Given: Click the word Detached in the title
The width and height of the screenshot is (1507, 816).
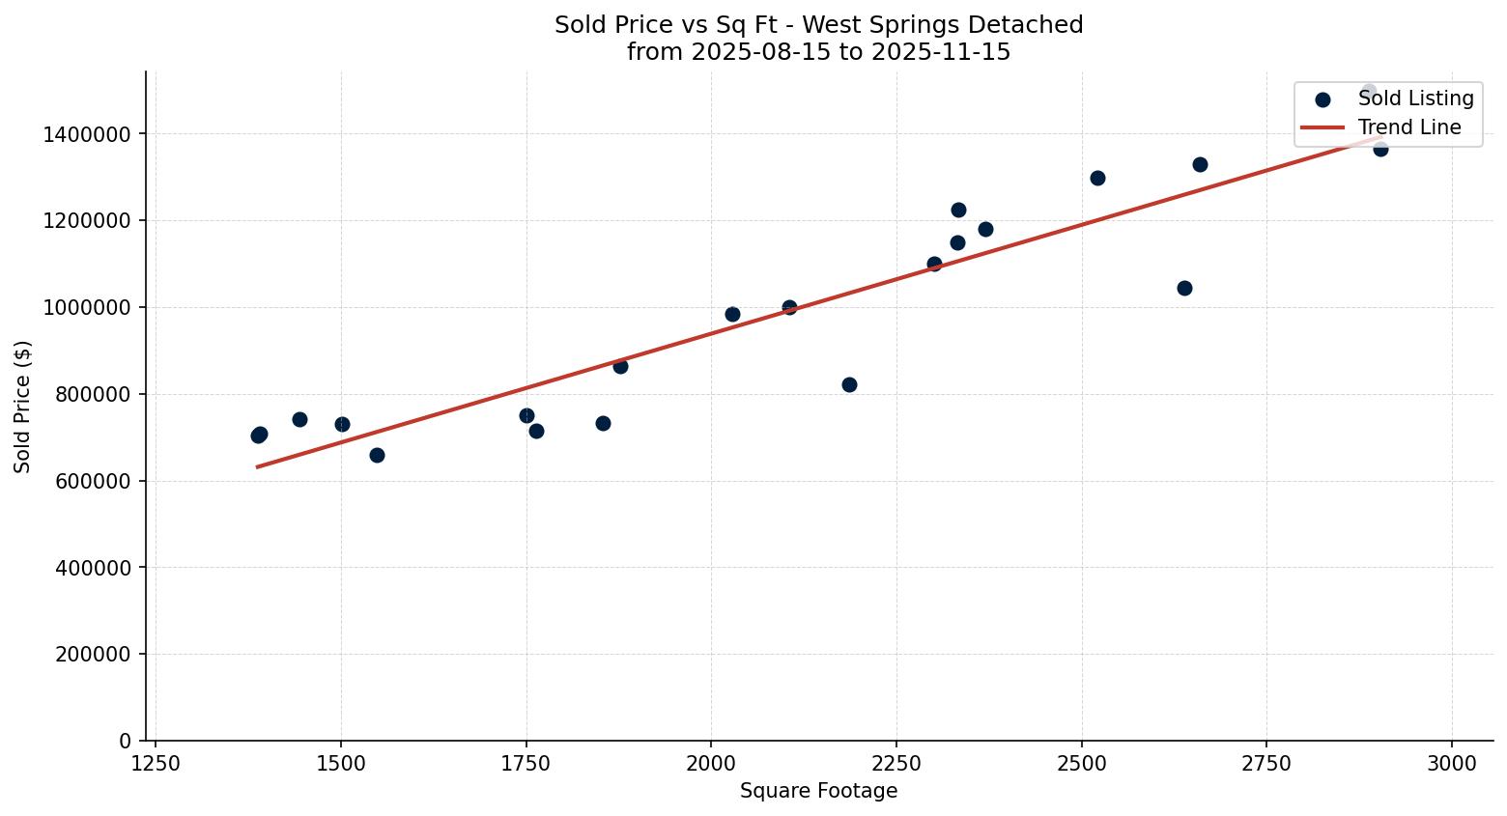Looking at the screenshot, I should tap(1034, 25).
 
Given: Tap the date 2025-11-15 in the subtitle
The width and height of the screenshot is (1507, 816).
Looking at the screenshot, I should tap(941, 52).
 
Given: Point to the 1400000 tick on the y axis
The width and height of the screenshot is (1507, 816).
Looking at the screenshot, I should tap(87, 134).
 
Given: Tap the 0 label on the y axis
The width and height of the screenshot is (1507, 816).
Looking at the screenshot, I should tap(125, 741).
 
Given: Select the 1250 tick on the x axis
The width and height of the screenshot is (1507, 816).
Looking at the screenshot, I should tap(156, 763).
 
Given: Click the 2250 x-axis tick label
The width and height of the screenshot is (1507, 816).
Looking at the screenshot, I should tap(896, 763).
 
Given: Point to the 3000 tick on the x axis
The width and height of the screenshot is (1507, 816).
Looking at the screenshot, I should tap(1452, 763).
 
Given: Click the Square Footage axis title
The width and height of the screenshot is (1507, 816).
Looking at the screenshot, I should tap(818, 792).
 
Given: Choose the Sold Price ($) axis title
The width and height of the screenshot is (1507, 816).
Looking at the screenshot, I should tap(22, 407).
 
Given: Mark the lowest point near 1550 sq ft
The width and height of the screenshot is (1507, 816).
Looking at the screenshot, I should tap(377, 455).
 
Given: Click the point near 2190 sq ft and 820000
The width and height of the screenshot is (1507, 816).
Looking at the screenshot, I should tap(849, 384).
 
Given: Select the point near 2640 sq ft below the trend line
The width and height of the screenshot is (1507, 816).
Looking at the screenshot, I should tap(1184, 288).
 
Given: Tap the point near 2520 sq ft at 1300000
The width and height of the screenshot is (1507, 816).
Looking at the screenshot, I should tap(1097, 178).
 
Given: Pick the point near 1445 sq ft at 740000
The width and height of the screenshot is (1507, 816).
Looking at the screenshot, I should tap(299, 419).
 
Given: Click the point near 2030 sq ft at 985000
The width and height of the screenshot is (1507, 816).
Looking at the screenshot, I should tap(732, 314).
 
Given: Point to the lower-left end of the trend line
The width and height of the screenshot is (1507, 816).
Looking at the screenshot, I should tap(258, 466).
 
